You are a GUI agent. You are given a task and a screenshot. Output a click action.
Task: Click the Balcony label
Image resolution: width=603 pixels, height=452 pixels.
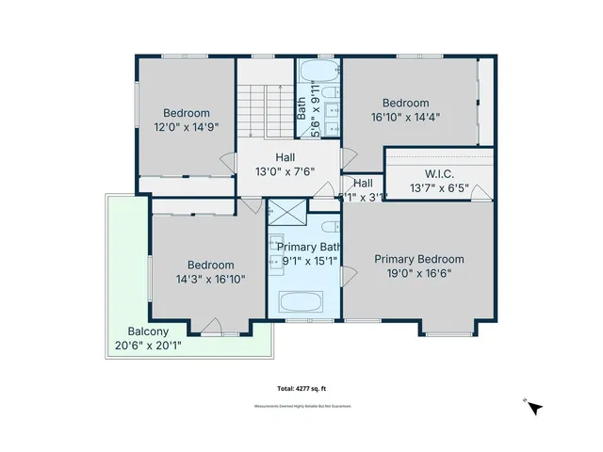[x=148, y=331]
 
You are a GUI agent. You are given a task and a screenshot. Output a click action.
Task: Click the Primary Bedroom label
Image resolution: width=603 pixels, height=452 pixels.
[x=419, y=259]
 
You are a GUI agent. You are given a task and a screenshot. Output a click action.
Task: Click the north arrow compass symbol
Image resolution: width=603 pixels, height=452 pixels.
[x=534, y=408]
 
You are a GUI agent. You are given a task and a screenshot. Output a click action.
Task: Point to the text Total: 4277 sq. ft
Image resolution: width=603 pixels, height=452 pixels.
[x=301, y=388]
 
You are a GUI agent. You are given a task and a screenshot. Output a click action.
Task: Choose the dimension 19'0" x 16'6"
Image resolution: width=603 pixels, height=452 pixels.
[x=419, y=274]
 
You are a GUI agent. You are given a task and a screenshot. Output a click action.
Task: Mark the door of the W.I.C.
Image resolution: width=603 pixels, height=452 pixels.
[x=480, y=194]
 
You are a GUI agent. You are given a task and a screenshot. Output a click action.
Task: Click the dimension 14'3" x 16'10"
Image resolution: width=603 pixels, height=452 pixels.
[x=209, y=280]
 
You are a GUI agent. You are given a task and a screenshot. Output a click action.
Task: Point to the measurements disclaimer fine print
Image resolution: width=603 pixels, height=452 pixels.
[x=301, y=407]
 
